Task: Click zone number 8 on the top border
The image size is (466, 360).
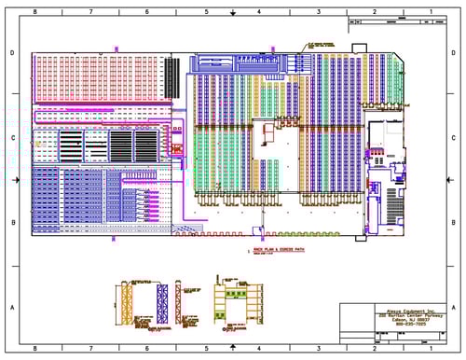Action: click(x=34, y=11)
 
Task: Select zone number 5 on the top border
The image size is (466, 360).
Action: click(x=205, y=11)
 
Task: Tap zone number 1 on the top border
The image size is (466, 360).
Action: click(x=431, y=11)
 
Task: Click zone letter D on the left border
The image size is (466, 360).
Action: click(x=11, y=52)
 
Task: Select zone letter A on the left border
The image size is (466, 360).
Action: click(x=11, y=307)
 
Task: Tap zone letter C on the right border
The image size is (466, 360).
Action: click(x=456, y=137)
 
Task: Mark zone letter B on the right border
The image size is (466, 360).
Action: click(x=456, y=222)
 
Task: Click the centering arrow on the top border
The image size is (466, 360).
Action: click(x=232, y=13)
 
